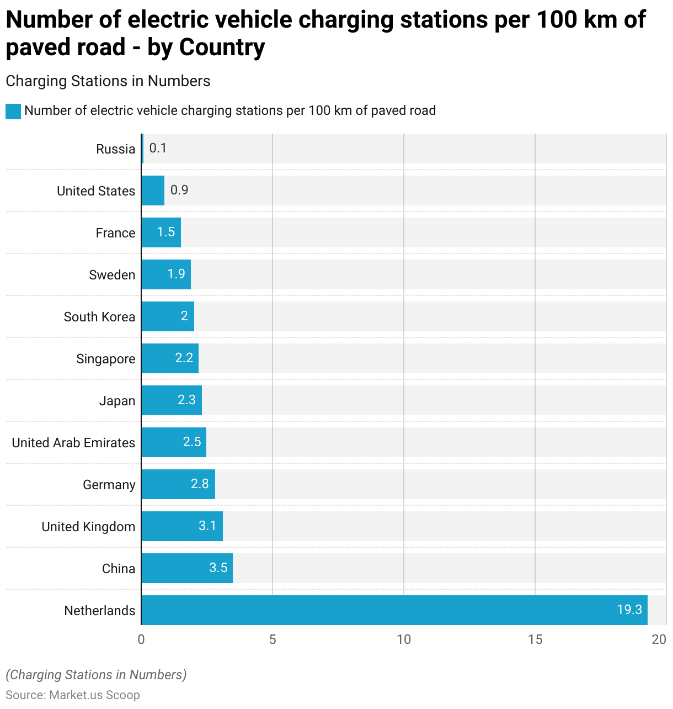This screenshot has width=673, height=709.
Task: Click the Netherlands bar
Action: (394, 610)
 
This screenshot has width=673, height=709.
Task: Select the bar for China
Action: (186, 568)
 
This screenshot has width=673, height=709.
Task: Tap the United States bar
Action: (153, 191)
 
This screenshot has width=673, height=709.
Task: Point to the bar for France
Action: (161, 232)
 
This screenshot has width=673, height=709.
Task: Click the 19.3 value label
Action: (629, 610)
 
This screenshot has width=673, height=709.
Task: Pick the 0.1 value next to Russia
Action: (158, 148)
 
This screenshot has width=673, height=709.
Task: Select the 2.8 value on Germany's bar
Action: (200, 484)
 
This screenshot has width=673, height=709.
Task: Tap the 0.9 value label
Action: (179, 190)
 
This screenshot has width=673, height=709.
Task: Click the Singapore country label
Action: (105, 359)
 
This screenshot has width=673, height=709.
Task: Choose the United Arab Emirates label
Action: (73, 443)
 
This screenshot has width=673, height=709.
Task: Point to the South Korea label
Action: (99, 317)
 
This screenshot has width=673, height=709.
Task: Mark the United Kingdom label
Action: (88, 527)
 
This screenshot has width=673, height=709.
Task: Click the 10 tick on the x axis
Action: (404, 639)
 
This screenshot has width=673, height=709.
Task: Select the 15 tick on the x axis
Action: (535, 639)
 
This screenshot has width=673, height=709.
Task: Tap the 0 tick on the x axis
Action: (141, 639)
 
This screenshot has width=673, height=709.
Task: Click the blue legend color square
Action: (13, 111)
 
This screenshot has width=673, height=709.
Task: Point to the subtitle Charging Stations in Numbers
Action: (108, 81)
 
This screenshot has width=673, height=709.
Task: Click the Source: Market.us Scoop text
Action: (73, 695)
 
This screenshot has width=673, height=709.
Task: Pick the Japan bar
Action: (172, 400)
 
